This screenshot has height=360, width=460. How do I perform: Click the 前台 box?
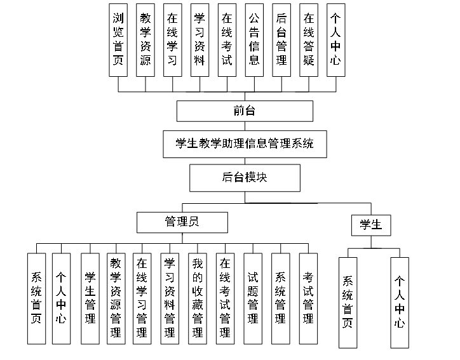245,111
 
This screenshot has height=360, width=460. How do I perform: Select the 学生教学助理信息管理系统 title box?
245,143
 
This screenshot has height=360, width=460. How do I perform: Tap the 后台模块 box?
245,177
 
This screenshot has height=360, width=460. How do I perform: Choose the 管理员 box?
182,221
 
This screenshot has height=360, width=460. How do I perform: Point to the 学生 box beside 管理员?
370,224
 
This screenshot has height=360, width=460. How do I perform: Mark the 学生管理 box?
90,298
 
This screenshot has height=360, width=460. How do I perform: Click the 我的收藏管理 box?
198,298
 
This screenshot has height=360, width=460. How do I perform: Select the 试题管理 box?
253,298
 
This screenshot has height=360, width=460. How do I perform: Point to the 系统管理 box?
280,298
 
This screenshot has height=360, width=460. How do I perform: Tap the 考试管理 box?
308,298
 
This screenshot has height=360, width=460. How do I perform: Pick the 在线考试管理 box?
225,298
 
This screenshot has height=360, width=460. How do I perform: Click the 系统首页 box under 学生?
348,302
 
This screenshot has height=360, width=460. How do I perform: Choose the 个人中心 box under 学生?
400,302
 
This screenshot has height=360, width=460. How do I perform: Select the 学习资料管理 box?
170,298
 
